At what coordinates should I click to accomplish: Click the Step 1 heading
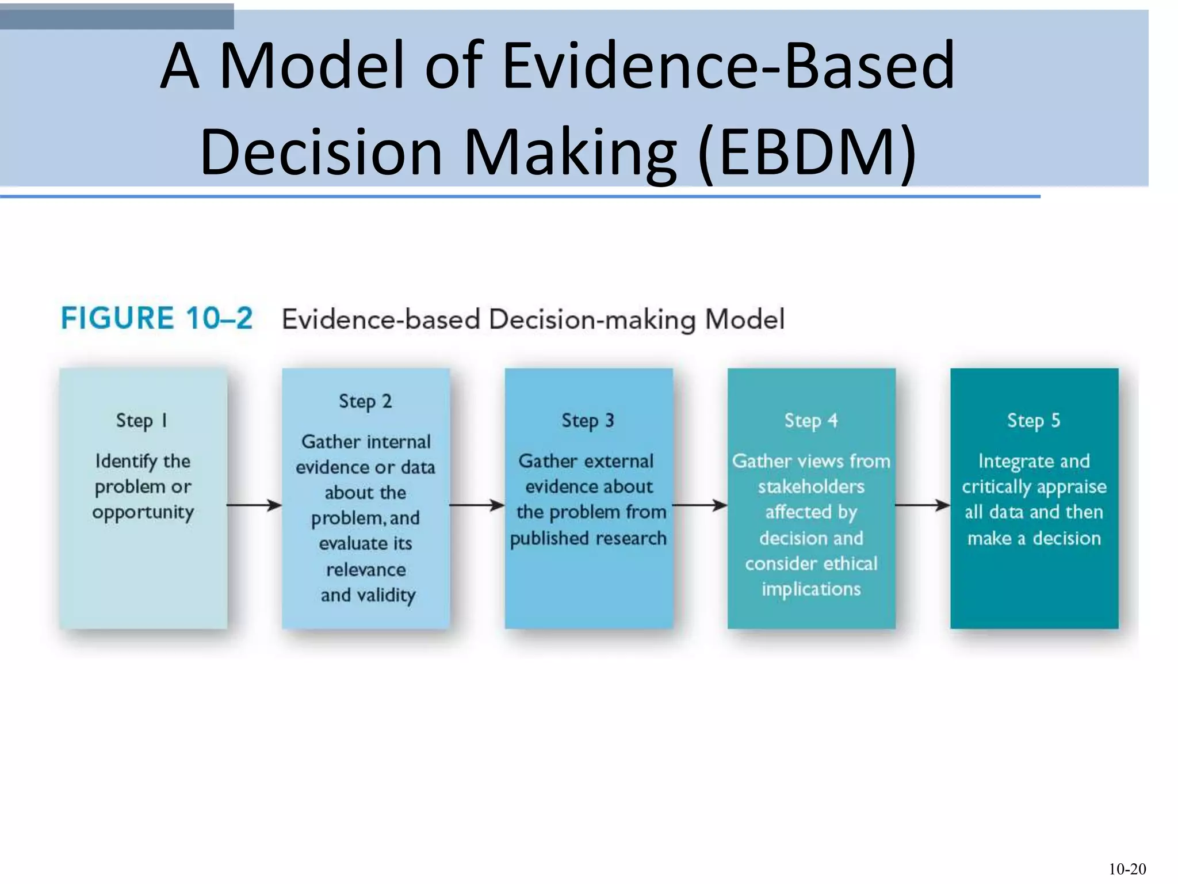tap(141, 421)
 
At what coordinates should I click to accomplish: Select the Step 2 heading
tap(365, 401)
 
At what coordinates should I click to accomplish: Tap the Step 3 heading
tap(588, 421)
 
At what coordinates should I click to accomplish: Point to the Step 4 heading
tap(811, 421)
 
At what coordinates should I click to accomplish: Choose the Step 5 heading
tap(1034, 421)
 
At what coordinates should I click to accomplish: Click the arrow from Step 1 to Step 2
tap(254, 505)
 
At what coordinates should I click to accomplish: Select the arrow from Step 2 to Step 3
tap(477, 505)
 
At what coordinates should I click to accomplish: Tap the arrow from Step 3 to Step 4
tap(700, 505)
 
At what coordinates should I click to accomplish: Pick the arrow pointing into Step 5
tap(923, 505)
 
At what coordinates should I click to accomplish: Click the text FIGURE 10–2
tap(156, 318)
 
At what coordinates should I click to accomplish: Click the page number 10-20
tap(1127, 869)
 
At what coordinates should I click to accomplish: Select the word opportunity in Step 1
tap(143, 512)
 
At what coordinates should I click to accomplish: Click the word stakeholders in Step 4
tap(811, 487)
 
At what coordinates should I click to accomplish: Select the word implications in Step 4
tap(811, 589)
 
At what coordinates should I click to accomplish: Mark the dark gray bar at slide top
tap(117, 16)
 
